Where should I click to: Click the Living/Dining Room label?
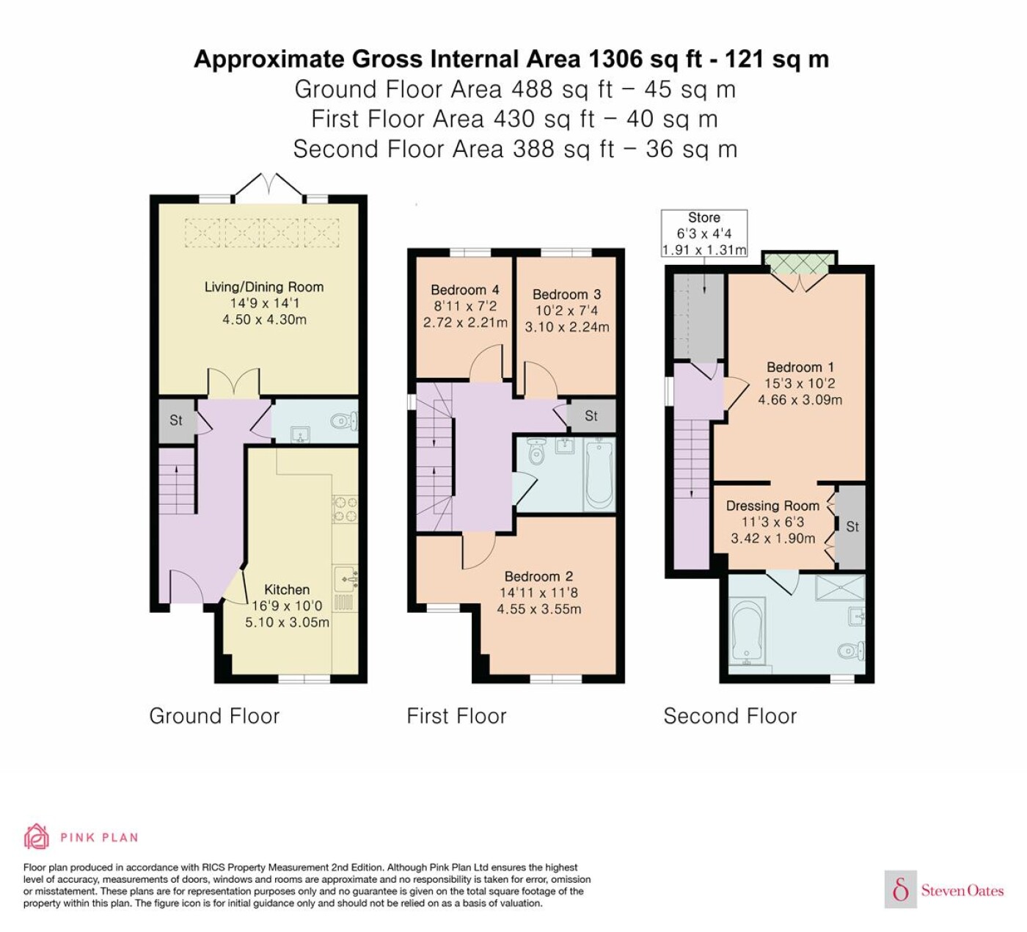point(264,287)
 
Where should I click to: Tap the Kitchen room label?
point(287,589)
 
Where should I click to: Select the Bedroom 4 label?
point(465,290)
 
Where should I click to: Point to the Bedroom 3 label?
point(567,294)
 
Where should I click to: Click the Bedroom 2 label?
point(538,576)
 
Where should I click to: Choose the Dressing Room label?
point(772,506)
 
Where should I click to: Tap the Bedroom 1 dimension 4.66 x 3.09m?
point(800,400)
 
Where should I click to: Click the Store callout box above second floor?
point(704,233)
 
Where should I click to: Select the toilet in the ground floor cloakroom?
point(344,422)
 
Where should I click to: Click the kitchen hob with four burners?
point(345,509)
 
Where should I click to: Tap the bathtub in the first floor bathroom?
point(599,475)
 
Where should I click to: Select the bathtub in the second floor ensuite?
point(748,631)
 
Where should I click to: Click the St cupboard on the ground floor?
point(176,421)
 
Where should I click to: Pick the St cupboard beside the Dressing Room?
point(852,527)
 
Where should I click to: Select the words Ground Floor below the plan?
point(214,716)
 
